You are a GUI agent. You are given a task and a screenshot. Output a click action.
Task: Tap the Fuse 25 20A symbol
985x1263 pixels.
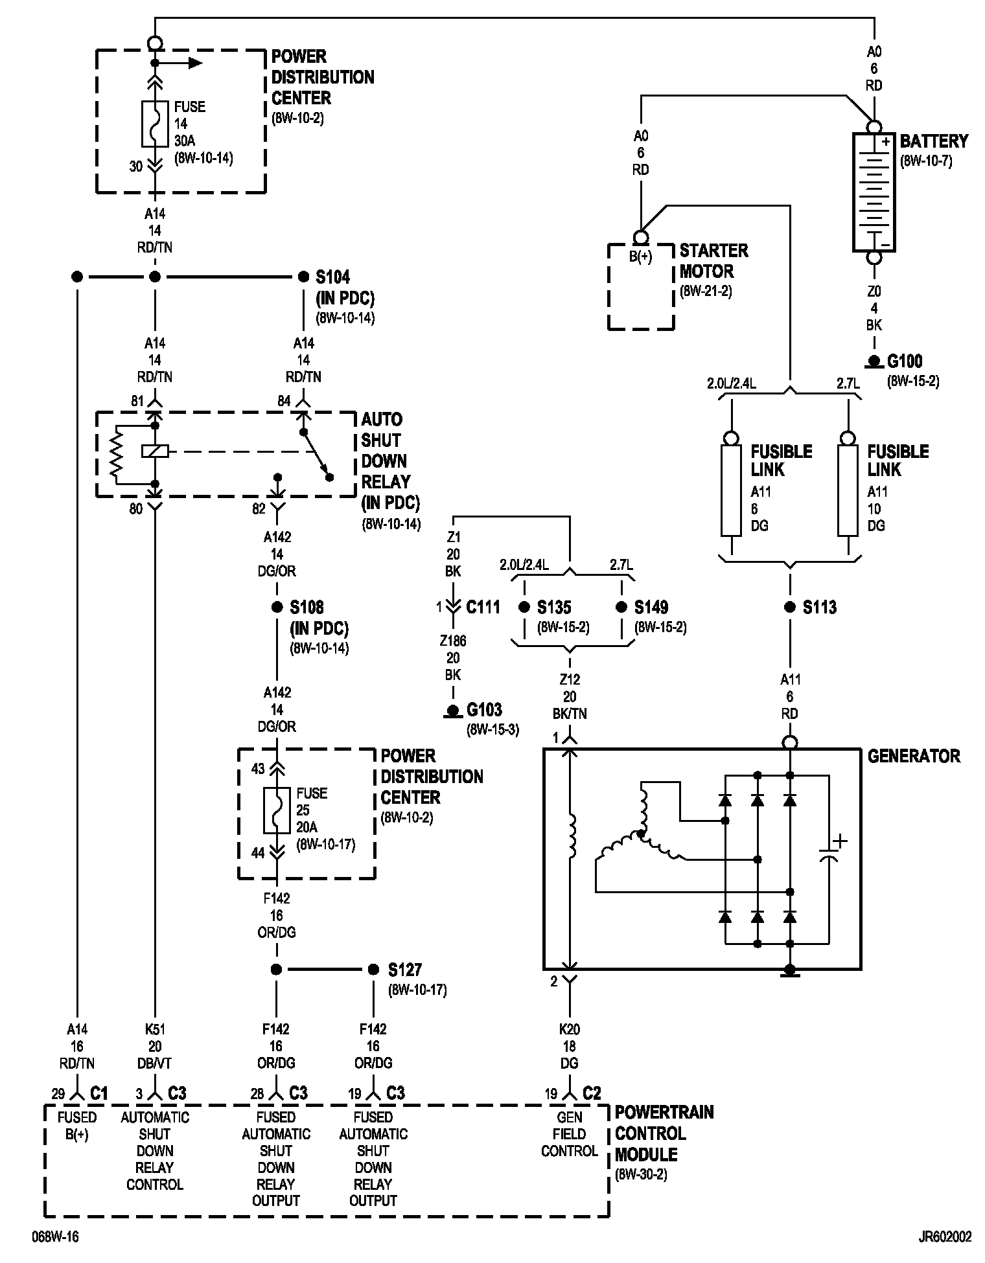point(277,810)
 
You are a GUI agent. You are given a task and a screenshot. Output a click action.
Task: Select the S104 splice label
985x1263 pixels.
point(332,277)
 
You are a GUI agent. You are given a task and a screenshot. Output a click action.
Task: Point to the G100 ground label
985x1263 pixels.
point(905,361)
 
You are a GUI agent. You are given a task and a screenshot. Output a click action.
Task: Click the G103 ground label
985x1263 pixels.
point(484,711)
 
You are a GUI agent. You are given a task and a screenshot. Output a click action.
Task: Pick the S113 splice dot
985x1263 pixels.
point(789,607)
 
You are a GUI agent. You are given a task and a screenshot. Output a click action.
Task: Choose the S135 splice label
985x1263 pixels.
point(554,608)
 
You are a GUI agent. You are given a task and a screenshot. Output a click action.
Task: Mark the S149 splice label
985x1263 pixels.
point(651,608)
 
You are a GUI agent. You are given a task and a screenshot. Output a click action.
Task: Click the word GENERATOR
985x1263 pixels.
point(914,756)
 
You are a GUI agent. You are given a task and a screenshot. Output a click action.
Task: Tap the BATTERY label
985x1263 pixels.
point(934,141)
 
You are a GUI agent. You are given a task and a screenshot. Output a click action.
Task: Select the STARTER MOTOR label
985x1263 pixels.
point(713,261)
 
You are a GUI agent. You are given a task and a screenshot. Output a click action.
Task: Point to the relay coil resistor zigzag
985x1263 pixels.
point(116,455)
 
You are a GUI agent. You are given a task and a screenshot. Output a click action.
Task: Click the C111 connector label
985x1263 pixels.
point(483,608)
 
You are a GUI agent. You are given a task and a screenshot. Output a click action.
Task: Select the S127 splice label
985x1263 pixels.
point(405,970)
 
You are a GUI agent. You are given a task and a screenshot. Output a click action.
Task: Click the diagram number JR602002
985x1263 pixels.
point(945,1237)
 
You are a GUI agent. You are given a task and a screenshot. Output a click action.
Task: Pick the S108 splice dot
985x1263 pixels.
point(277,607)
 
